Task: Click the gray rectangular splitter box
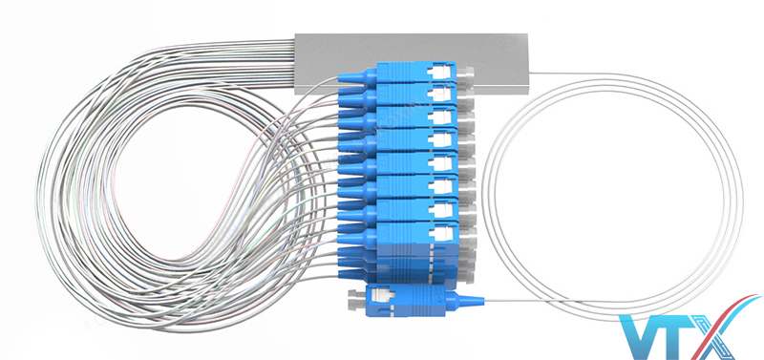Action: [412, 61]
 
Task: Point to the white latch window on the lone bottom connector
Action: [380, 295]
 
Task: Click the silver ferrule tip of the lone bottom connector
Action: [353, 300]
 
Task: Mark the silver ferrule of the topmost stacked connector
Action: [465, 74]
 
